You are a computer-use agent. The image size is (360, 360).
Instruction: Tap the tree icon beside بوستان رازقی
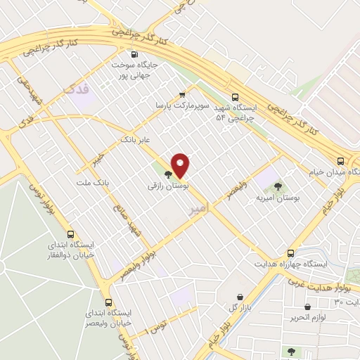pos(167,174)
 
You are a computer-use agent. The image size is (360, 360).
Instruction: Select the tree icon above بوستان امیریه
pos(278,186)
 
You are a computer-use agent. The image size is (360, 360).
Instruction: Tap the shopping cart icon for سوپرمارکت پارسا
pos(183,94)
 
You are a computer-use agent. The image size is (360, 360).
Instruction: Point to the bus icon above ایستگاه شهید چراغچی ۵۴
pos(235,98)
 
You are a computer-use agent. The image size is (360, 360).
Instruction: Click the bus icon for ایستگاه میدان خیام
pos(341,160)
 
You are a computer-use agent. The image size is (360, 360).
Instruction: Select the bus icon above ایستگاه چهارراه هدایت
pos(290,252)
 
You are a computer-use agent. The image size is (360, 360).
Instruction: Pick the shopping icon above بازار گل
pos(241,297)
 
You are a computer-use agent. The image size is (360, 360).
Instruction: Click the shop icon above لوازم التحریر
pos(308,307)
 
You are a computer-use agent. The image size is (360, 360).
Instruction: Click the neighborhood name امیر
pos(198,210)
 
